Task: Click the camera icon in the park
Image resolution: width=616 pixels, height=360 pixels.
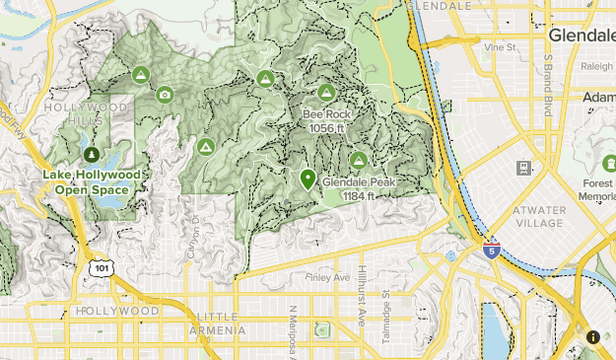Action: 165,95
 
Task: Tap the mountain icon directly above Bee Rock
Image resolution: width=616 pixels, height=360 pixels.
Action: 326,92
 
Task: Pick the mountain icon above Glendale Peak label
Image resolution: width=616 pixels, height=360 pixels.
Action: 359,160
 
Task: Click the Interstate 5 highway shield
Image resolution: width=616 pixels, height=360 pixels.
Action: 492,251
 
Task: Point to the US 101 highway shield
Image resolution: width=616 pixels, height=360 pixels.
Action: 100,267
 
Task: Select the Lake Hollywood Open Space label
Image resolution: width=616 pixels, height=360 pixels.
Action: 92,181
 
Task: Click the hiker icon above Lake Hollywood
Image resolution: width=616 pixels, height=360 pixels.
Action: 92,155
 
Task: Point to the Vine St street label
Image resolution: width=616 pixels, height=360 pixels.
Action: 501,46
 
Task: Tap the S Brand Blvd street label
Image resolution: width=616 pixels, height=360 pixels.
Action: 546,86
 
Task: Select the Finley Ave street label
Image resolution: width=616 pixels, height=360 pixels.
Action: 327,278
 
